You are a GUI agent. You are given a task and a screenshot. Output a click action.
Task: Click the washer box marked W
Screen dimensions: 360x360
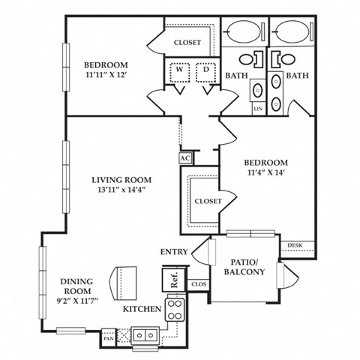pos(179,71)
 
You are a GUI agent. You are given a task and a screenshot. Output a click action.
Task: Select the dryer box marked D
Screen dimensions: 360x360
pos(205,71)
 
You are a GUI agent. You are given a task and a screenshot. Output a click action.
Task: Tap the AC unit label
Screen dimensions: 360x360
pos(185,158)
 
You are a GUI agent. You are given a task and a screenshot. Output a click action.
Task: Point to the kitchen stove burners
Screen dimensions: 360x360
pos(175,309)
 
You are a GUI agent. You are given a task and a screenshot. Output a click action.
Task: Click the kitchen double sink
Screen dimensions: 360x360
pos(144,332)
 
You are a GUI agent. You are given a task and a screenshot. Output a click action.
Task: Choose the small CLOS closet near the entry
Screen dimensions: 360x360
pos(199,284)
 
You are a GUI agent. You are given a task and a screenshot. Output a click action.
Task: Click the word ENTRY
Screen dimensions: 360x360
pos(174,251)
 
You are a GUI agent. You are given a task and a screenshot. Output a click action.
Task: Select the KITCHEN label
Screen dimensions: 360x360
pos(142,308)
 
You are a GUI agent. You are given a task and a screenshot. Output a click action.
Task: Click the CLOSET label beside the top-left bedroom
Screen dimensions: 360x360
pos(187,43)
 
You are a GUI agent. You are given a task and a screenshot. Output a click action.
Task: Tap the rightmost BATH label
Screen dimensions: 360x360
pos(298,76)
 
